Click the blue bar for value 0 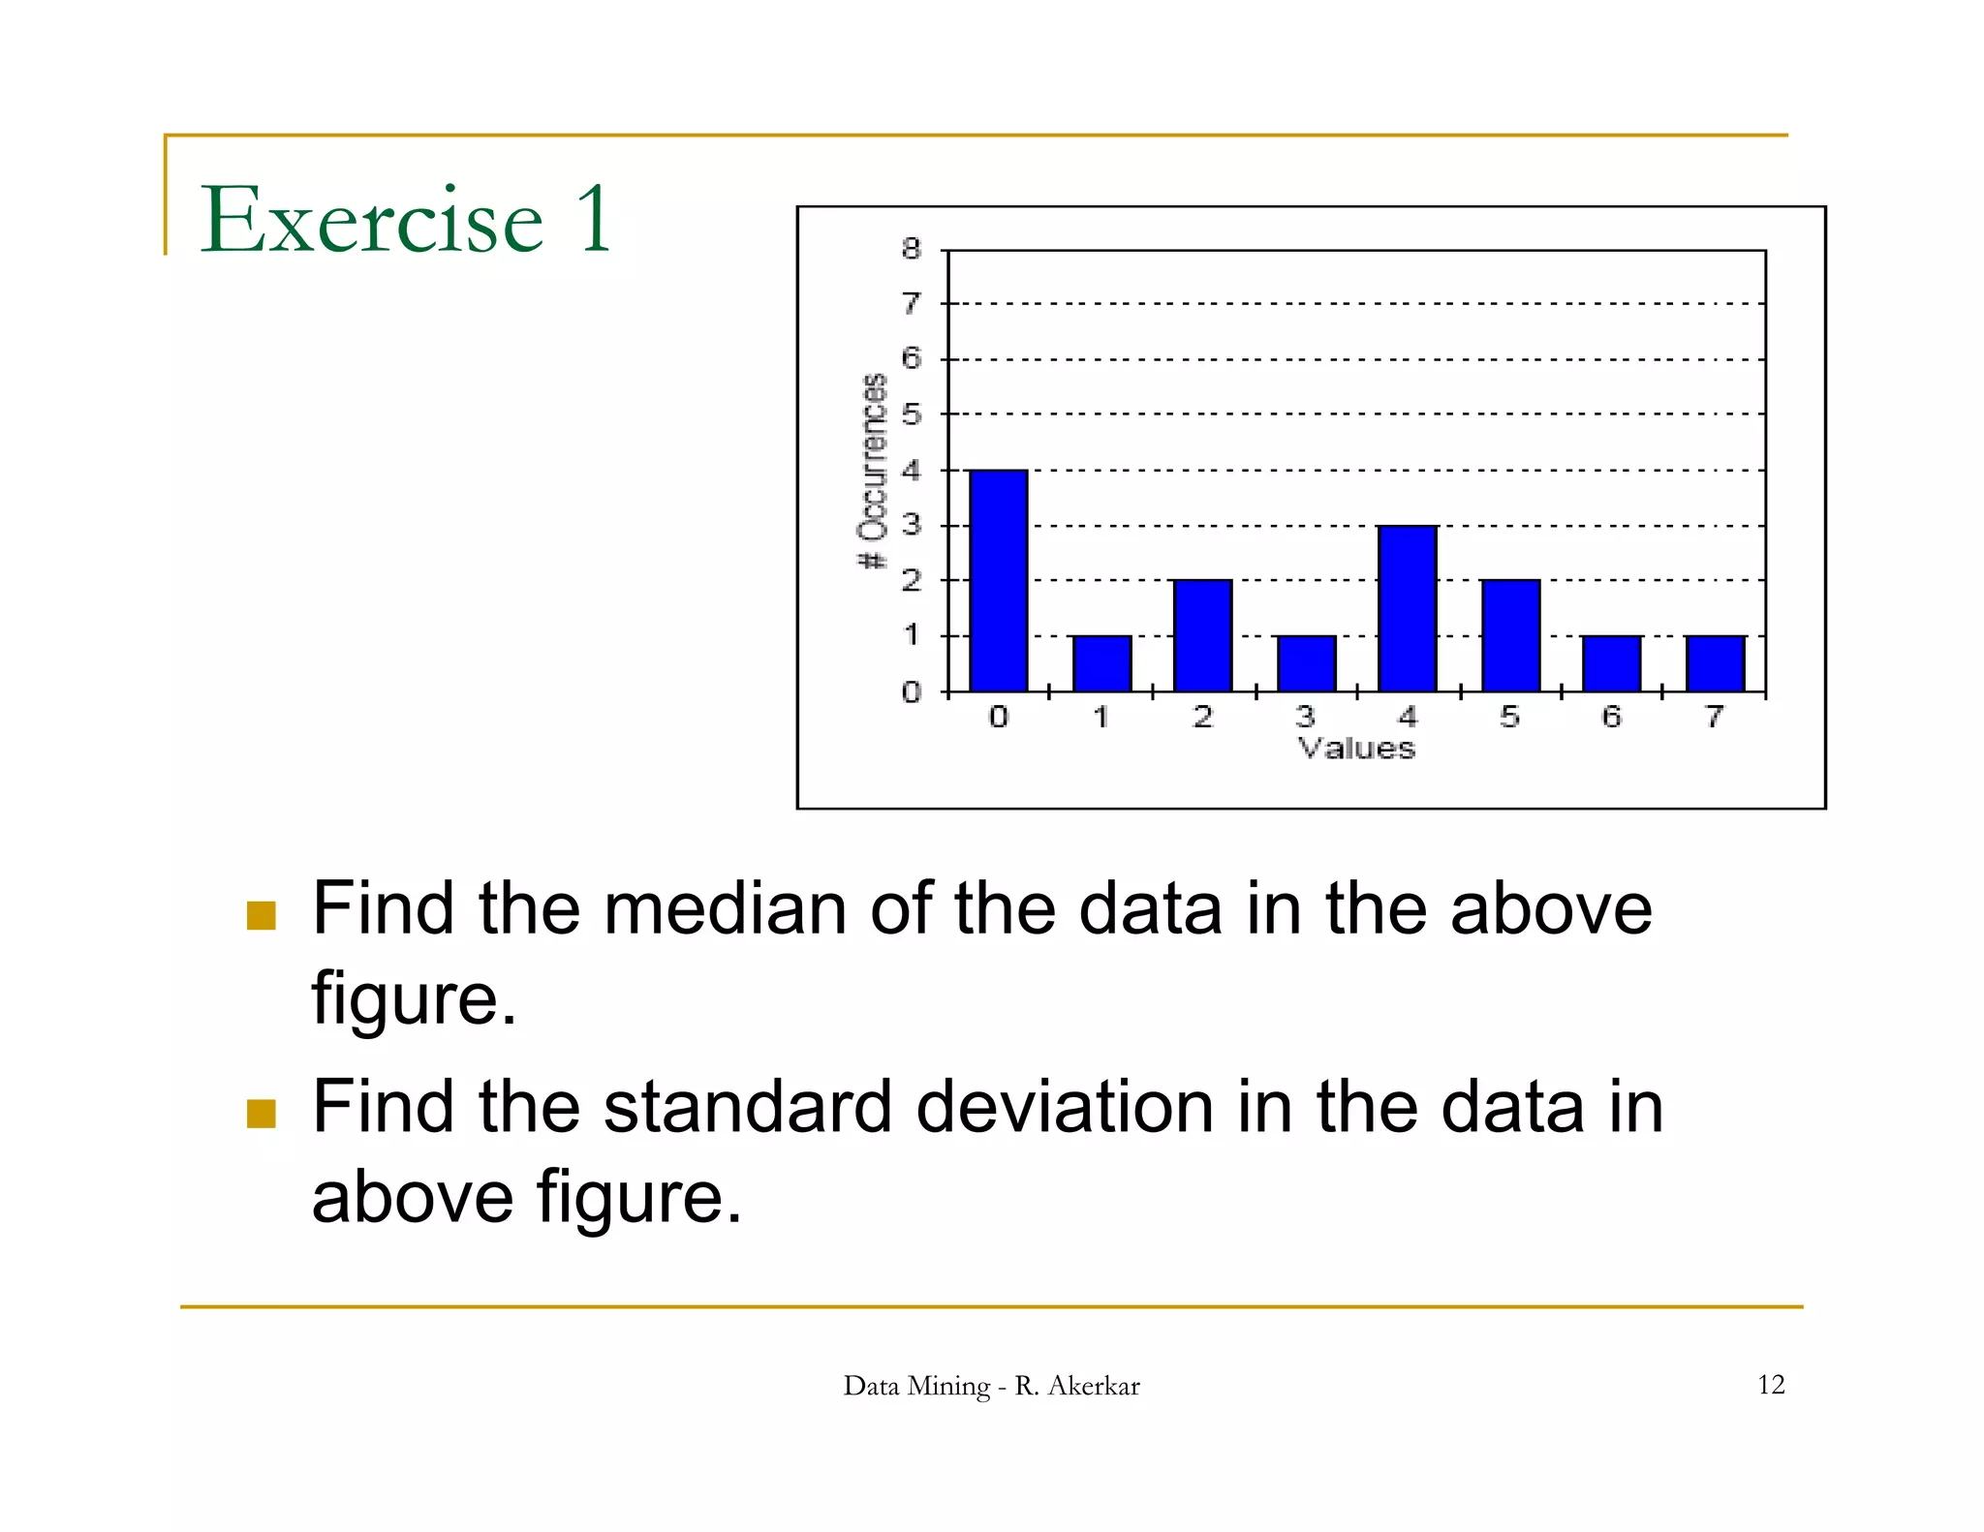click(998, 581)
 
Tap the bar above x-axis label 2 click(1202, 635)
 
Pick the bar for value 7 click(1715, 663)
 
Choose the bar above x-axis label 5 click(1509, 635)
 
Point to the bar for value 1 click(1101, 663)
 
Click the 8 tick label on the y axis click(911, 249)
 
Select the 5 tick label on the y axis click(911, 414)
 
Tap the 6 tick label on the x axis click(1611, 717)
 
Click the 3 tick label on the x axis click(1305, 717)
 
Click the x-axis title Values click(1356, 749)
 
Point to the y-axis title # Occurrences click(873, 471)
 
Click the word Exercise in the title click(371, 220)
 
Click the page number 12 click(1770, 1385)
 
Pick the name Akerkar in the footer click(1094, 1386)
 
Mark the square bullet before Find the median click(262, 915)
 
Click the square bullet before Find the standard click(262, 1114)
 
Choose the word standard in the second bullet click(747, 1107)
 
